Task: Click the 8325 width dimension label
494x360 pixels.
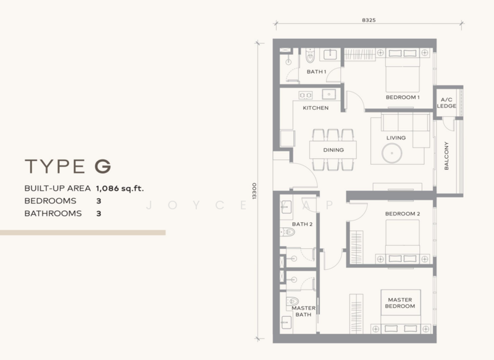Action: click(x=369, y=20)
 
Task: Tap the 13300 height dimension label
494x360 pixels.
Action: click(x=254, y=191)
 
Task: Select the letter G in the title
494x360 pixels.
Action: click(x=103, y=166)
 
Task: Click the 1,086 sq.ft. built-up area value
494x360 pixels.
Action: click(x=120, y=188)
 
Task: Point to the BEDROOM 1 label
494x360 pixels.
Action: click(x=403, y=98)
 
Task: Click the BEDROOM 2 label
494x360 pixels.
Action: click(x=403, y=214)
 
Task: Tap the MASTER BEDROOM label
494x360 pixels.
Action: click(x=400, y=303)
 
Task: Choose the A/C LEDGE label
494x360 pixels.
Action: click(x=446, y=103)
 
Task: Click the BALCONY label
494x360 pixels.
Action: click(x=446, y=156)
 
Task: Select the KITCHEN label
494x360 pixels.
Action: click(x=316, y=108)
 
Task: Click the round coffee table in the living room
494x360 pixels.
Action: click(x=391, y=153)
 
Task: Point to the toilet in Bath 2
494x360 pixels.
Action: click(x=288, y=232)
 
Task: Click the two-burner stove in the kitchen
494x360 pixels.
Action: click(x=305, y=95)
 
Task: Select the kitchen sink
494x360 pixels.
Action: click(x=329, y=94)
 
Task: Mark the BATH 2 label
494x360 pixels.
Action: click(x=302, y=224)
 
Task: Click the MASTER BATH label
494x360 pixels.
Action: click(x=303, y=311)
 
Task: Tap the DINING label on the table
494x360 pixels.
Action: click(x=333, y=150)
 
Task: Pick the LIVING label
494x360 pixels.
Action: click(x=396, y=138)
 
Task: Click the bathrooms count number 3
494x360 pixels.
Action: click(x=99, y=214)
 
